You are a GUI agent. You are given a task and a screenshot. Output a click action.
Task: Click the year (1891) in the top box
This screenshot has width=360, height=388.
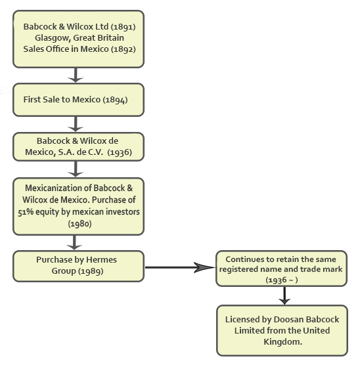point(123,27)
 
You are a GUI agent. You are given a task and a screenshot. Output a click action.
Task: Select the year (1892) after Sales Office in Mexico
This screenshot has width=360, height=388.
point(123,49)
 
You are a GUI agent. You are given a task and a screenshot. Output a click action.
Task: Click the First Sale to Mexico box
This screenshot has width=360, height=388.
point(78,100)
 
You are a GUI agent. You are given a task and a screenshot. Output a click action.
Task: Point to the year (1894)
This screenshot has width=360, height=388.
point(115,100)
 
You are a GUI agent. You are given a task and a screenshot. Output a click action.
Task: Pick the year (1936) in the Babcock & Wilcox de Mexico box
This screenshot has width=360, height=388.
point(120,152)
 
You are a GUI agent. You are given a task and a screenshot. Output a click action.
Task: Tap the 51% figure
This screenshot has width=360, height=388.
point(26,212)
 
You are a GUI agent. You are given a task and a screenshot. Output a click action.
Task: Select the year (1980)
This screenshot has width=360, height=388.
point(79,224)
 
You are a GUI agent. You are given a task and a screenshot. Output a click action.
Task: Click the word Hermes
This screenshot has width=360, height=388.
point(101,260)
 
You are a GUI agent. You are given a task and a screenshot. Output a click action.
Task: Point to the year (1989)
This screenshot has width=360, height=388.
point(91,271)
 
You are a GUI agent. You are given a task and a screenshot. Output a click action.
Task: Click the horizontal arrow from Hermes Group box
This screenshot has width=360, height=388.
point(180,267)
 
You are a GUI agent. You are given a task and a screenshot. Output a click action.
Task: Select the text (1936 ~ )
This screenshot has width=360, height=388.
point(282,280)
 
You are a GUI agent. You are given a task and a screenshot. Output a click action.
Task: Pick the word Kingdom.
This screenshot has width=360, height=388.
point(282,342)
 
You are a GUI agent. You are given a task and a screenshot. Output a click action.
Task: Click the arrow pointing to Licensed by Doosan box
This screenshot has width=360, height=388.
point(284,295)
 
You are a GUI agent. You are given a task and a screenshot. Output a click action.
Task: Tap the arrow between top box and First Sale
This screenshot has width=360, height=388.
point(76,75)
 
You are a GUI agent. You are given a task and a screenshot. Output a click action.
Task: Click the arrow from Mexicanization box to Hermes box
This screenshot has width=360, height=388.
point(74,242)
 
